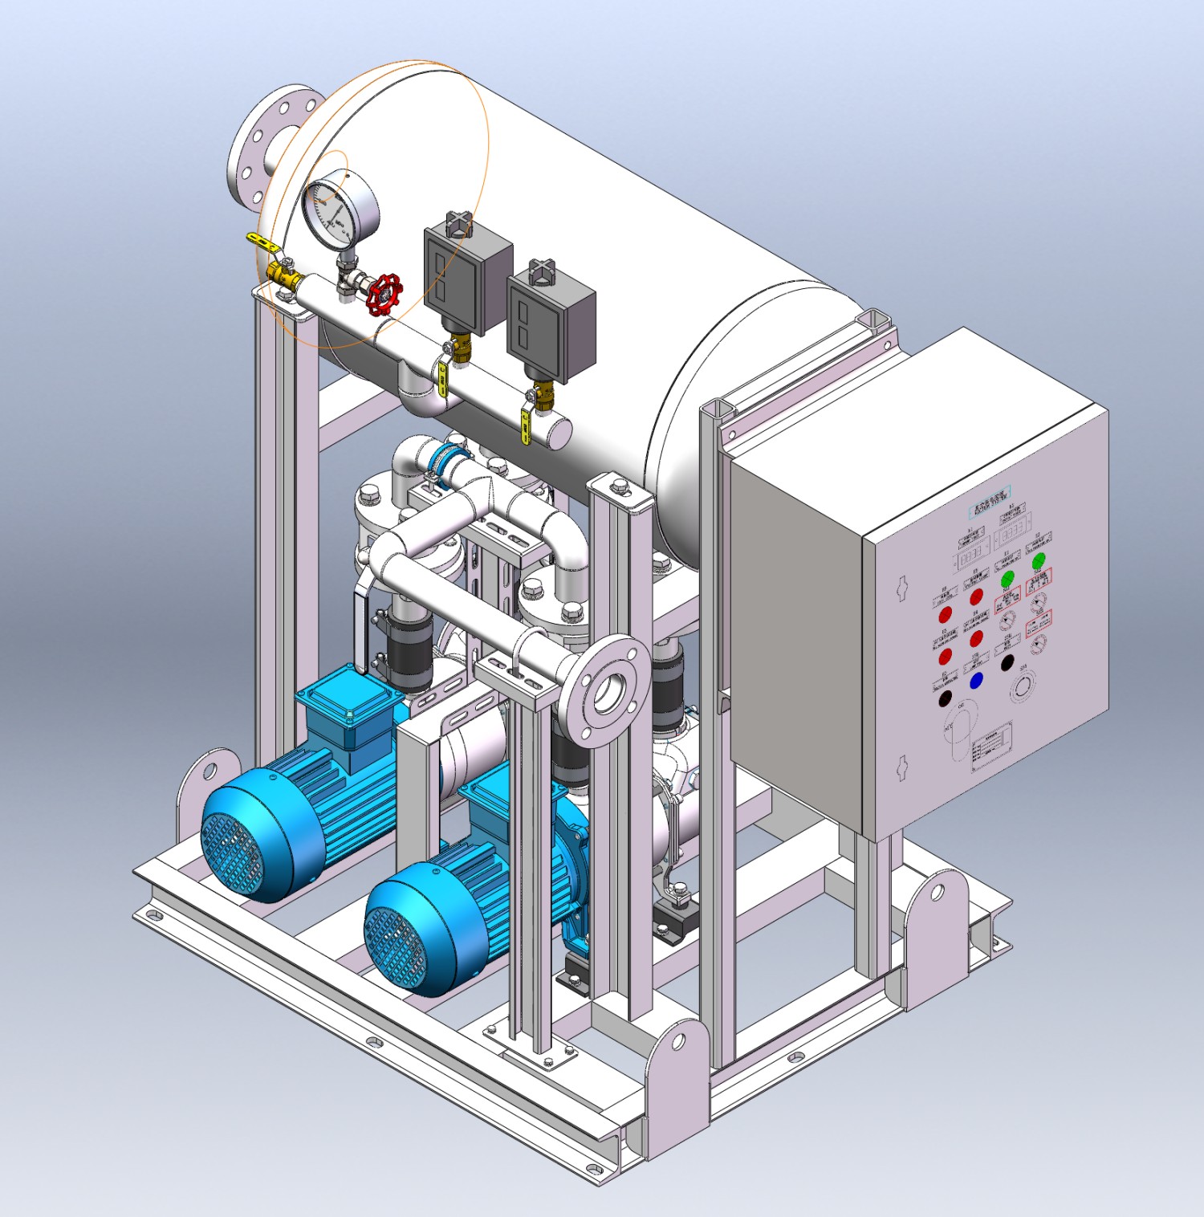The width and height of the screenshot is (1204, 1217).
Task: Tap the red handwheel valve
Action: pyautogui.click(x=384, y=294)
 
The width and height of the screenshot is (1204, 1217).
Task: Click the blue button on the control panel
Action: pyautogui.click(x=976, y=681)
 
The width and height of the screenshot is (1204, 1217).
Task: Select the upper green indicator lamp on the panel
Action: pyautogui.click(x=1039, y=560)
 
